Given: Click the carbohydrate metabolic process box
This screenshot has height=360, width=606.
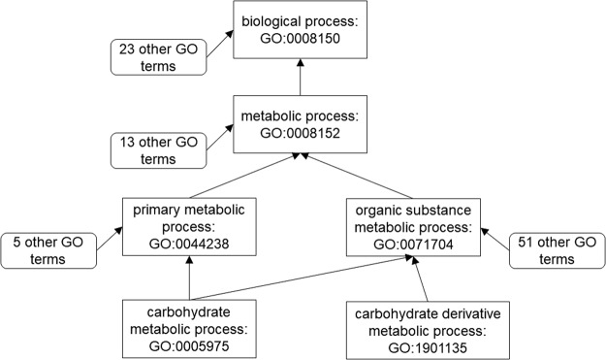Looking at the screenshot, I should pyautogui.click(x=189, y=328).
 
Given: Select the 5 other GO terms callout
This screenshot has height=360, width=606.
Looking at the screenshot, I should pyautogui.click(x=50, y=250).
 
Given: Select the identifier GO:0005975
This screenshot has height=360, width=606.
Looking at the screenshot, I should pyautogui.click(x=189, y=344).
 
